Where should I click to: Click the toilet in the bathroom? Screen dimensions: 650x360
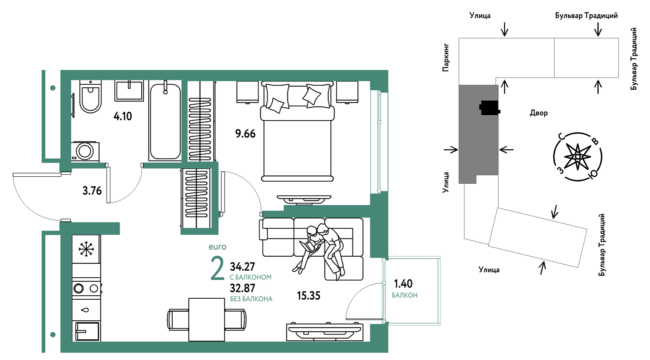tap(90, 97)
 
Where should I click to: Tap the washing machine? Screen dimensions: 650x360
tap(85, 152)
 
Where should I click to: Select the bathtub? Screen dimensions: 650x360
tap(165, 121)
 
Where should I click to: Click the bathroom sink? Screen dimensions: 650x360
tap(129, 90)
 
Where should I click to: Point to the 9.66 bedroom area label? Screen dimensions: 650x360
tap(245, 134)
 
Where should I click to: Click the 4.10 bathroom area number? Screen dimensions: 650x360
tap(123, 116)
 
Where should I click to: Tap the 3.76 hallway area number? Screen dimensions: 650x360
tap(92, 191)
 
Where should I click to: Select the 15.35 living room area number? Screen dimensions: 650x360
tap(309, 296)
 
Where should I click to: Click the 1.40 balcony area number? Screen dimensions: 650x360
tap(403, 284)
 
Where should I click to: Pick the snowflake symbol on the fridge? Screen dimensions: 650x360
tap(86, 249)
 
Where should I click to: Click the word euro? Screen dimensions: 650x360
tap(217, 247)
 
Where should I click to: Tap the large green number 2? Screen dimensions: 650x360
tap(218, 268)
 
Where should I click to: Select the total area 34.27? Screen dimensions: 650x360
tap(242, 267)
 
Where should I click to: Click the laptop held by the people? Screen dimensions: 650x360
tap(310, 246)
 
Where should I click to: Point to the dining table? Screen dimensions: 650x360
tap(207, 320)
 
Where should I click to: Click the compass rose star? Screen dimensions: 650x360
tap(577, 156)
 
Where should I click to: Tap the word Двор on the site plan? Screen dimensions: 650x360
tap(539, 113)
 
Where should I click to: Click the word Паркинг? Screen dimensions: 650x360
tap(446, 57)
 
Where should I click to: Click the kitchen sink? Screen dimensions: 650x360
tap(86, 331)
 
